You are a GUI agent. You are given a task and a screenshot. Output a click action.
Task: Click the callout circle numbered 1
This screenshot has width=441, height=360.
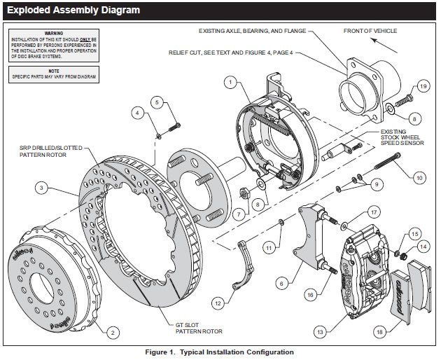[x=228, y=82]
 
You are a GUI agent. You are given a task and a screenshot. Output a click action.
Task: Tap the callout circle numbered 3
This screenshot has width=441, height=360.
[x=43, y=188]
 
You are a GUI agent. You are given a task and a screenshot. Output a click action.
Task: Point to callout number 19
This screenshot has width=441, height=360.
[x=423, y=85]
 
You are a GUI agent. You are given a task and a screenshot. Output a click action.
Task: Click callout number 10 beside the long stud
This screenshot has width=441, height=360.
[x=419, y=178]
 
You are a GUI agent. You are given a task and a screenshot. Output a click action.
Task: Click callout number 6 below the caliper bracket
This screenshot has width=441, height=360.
[x=281, y=284]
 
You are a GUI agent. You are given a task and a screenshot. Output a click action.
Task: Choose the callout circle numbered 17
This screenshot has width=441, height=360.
[x=374, y=212]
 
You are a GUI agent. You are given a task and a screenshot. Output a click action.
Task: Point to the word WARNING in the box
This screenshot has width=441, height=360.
[x=53, y=32]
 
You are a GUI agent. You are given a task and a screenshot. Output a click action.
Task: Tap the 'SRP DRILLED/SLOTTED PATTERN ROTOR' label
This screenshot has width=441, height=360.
[x=52, y=153]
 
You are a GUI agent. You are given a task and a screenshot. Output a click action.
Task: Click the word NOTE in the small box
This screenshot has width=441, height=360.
[x=53, y=69]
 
